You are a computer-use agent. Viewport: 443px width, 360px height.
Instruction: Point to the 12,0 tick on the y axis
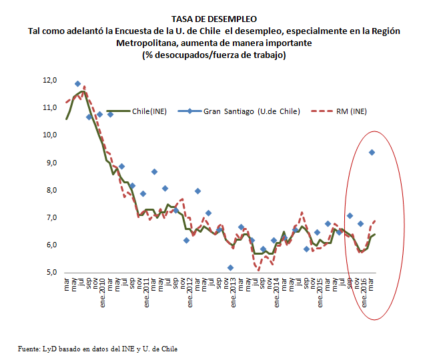[49, 81]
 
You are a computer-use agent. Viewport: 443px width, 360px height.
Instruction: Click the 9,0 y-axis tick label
[51, 163]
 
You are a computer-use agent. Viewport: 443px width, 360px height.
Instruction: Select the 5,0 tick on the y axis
[51, 273]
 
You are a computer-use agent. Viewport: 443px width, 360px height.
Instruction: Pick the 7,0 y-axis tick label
[51, 218]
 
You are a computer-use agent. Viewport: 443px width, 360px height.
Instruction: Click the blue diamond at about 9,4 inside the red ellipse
[372, 153]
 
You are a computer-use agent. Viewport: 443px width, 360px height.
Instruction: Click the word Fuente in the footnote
[30, 348]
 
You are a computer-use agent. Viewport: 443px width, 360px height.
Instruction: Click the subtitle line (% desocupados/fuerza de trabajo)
[213, 55]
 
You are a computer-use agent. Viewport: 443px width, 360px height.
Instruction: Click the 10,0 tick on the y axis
[49, 135]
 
